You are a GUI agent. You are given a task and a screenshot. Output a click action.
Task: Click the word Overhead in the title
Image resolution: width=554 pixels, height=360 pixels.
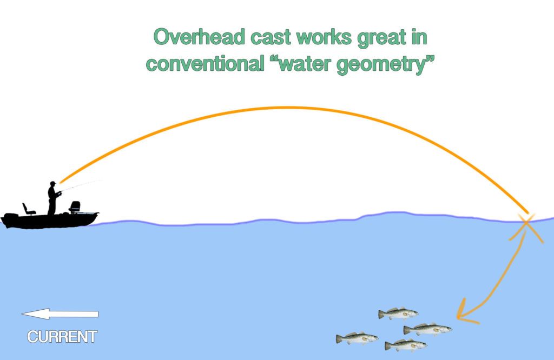coord(199,37)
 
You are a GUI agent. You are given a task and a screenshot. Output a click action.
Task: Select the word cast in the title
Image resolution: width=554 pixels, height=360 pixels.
coord(272,38)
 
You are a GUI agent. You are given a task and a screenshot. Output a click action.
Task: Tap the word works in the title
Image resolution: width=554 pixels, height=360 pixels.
coord(325,37)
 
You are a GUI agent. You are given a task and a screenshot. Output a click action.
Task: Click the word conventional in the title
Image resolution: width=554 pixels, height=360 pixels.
coord(205,64)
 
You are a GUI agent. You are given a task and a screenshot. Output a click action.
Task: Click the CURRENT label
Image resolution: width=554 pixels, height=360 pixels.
coord(62,337)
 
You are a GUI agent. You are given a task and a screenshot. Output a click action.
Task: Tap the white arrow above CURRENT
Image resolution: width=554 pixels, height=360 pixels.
coord(60,314)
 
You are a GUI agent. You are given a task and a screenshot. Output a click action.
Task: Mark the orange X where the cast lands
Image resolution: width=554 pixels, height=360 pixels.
coord(526,227)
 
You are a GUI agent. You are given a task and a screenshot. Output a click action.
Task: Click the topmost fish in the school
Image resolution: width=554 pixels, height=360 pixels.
coord(398,313)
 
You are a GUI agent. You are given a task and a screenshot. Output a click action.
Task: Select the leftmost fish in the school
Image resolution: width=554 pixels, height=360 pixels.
coord(357,338)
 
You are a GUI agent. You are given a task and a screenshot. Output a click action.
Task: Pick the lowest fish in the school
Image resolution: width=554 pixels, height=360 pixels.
coord(406,345)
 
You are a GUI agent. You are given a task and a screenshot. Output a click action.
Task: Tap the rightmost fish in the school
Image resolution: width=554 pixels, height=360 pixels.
coord(428,329)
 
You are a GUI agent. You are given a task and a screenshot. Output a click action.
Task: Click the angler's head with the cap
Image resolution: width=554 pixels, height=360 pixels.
coord(52,184)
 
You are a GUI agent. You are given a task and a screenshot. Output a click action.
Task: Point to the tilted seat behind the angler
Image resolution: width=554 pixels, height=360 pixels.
coord(28,209)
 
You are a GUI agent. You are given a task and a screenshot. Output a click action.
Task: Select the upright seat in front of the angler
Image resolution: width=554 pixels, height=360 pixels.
coord(75,207)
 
